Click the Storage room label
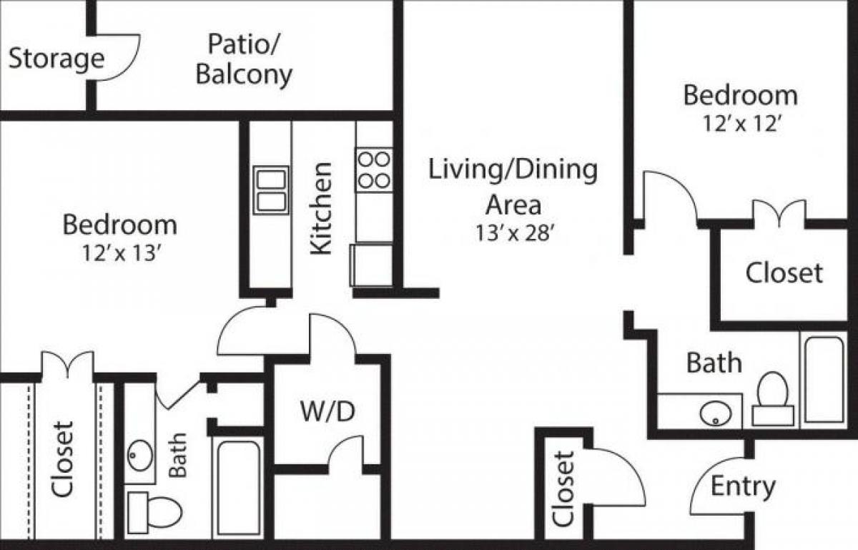(56, 59)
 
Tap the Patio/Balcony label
(244, 59)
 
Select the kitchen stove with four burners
(374, 170)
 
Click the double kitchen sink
(272, 190)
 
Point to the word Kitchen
(322, 208)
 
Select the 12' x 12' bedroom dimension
(740, 124)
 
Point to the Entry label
(743, 487)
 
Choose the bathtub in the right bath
(823, 379)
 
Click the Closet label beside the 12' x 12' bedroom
(784, 272)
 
